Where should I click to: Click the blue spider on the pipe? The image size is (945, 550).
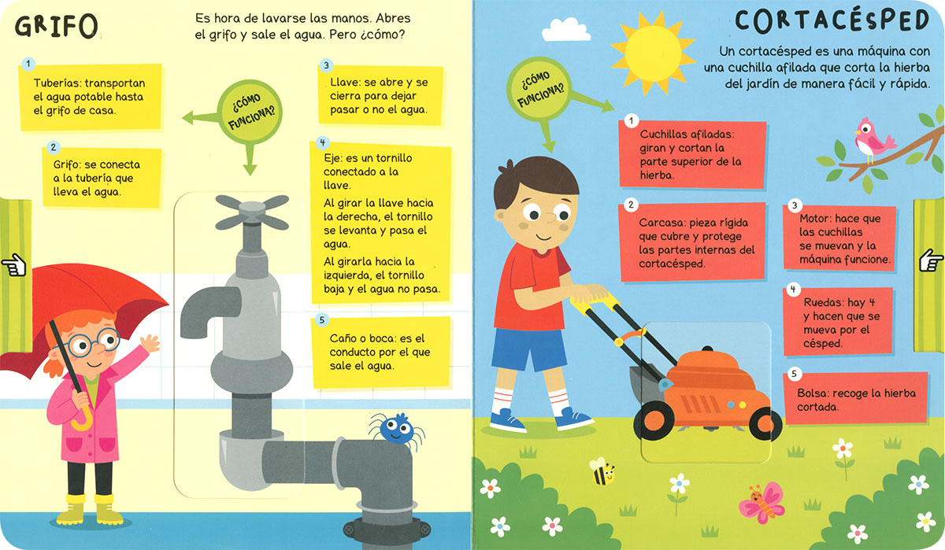[397, 430]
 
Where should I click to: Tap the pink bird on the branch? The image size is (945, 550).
[873, 140]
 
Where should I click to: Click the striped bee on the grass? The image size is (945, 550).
[602, 471]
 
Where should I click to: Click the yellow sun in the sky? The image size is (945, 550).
[653, 53]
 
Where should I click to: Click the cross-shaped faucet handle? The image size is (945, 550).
[252, 212]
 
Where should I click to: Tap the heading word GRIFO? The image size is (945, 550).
[57, 26]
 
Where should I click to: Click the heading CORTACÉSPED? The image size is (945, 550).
[832, 21]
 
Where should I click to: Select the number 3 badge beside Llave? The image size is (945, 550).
[326, 65]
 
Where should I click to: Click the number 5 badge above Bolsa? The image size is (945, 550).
[794, 374]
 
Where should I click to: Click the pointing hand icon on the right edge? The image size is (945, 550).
[931, 260]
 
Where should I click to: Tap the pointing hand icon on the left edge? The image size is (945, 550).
[14, 265]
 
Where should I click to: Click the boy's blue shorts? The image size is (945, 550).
[529, 350]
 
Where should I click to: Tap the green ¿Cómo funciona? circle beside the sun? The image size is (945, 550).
[539, 88]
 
